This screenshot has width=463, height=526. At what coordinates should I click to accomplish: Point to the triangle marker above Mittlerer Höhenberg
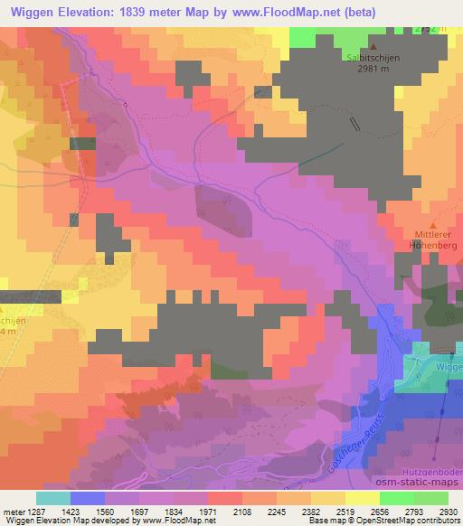pos(432,225)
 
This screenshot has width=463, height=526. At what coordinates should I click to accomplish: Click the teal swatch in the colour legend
pos(53,497)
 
